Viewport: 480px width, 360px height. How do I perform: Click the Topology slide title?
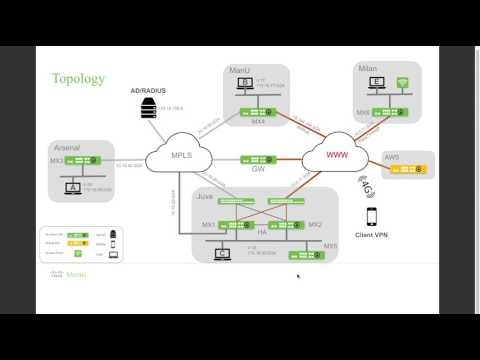pos(77,78)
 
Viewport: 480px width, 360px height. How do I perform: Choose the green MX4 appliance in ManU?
pos(259,111)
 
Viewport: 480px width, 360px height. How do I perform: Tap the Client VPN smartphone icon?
pos(371,217)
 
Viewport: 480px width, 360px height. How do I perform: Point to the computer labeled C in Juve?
pos(222,252)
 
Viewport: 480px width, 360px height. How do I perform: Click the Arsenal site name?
pos(67,146)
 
